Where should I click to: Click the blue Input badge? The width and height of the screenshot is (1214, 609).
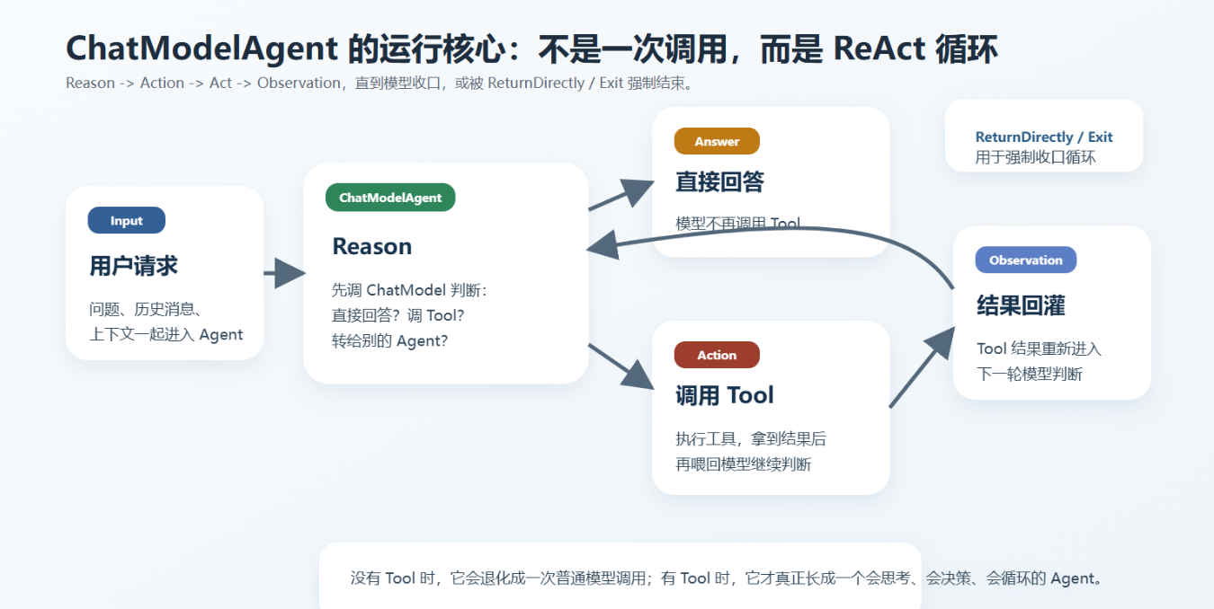127,221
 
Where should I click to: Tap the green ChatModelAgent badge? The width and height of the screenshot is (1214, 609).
390,198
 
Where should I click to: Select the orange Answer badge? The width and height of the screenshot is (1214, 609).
717,141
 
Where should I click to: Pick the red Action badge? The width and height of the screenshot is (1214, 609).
717,355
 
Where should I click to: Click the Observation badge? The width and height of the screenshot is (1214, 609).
1025,260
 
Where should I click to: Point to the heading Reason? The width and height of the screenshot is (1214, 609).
371,246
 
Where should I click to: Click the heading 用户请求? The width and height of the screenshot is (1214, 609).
133,266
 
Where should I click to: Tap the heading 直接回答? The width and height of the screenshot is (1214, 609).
719,182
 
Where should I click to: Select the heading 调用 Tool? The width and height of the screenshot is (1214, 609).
724,395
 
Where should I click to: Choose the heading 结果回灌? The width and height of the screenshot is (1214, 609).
1021,305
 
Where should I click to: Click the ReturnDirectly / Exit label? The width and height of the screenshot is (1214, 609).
1043,137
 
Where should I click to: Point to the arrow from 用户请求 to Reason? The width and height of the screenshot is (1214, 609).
286,272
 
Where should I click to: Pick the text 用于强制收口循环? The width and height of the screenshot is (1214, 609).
1035,157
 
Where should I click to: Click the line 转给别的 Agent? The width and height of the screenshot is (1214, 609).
389,341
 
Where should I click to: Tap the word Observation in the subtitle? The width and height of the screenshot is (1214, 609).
299,84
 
